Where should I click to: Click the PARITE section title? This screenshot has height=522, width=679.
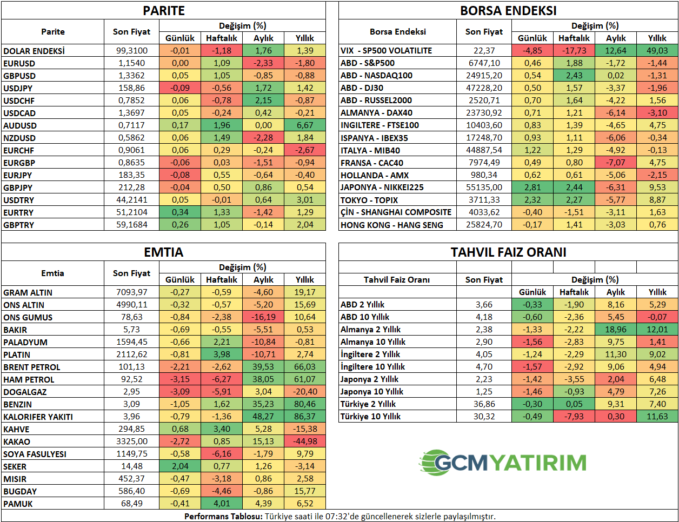163,11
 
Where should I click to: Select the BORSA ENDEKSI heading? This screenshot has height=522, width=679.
508,11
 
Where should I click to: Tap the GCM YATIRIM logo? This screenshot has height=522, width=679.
503,463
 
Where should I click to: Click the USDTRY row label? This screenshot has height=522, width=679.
18,200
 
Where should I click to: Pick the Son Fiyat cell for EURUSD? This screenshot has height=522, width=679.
131,63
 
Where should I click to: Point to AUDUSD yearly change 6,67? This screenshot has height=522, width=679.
305,125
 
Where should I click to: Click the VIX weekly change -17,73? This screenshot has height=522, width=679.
574,51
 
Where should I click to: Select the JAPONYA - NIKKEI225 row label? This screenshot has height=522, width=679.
382,188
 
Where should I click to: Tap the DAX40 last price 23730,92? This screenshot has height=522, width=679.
484,113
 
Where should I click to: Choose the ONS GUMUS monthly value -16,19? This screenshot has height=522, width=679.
263,317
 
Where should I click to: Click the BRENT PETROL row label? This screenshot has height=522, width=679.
32,367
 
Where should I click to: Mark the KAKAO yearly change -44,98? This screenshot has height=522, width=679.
305,441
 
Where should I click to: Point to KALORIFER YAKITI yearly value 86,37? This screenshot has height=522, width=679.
305,417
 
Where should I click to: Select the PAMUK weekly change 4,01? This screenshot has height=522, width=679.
222,504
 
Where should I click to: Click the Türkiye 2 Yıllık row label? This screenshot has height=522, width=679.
368,404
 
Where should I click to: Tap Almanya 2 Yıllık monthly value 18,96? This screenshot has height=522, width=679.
616,330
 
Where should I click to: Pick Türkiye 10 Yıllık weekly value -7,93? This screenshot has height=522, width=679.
574,417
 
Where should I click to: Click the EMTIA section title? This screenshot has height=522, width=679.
163,252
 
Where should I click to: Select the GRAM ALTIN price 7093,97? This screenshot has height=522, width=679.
131,292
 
